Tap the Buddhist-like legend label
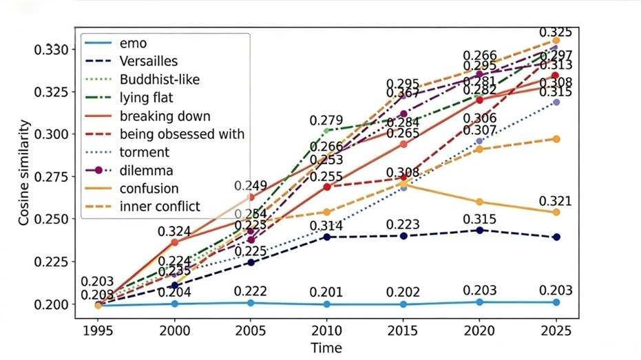(160, 80)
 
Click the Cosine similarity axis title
(25, 172)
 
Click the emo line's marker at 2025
(556, 302)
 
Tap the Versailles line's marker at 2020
(479, 230)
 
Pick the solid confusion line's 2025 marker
(556, 212)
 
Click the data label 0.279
(326, 121)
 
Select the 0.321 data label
(556, 200)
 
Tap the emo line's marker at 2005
(251, 303)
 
